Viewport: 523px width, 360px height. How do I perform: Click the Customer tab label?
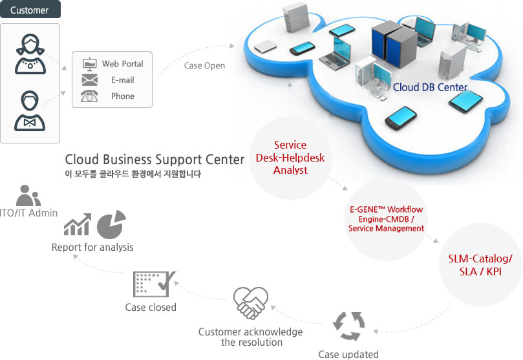click(x=30, y=10)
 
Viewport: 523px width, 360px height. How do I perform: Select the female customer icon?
click(x=30, y=54)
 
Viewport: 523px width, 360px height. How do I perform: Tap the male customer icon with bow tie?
click(x=30, y=111)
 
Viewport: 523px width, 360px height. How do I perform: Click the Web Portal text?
click(x=122, y=64)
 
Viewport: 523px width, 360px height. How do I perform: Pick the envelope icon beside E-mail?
click(x=89, y=80)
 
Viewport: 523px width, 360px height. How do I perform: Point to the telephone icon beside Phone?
click(x=89, y=96)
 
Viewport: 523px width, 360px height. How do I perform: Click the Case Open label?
click(x=204, y=66)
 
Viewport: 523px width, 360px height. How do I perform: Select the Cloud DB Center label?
click(x=430, y=87)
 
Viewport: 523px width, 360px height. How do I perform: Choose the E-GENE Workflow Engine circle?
click(x=386, y=219)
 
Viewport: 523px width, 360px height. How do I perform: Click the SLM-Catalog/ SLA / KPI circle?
click(x=480, y=266)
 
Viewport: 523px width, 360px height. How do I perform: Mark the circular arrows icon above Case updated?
click(x=348, y=326)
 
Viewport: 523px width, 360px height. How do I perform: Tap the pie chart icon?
click(x=111, y=224)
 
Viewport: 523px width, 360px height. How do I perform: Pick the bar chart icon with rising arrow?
click(x=78, y=226)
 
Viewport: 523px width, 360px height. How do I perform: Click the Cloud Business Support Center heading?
click(x=155, y=159)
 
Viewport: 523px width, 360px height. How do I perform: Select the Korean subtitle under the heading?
click(x=133, y=174)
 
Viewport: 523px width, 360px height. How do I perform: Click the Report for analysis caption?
click(x=92, y=247)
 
